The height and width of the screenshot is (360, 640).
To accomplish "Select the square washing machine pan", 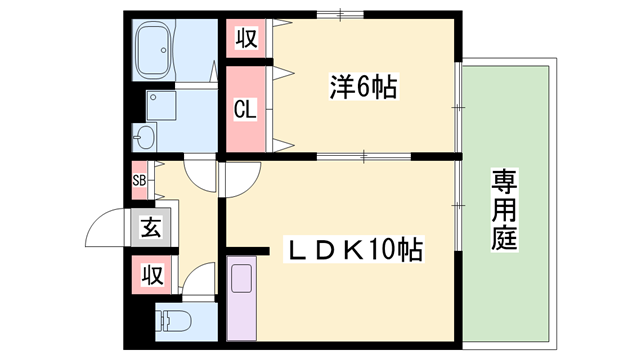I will point(160,105).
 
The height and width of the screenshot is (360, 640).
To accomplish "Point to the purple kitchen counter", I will point(240,300).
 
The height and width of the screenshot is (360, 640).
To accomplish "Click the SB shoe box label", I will point(139,181).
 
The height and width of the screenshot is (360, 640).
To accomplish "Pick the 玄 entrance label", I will point(149,227).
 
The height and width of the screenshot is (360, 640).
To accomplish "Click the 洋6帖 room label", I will point(362,88).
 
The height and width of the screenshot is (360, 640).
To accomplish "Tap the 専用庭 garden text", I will point(503,209).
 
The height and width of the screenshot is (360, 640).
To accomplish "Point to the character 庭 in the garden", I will point(503,238).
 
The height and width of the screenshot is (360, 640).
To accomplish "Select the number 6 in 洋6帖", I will point(364,88).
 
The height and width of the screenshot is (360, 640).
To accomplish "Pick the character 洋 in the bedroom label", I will point(340,88).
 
